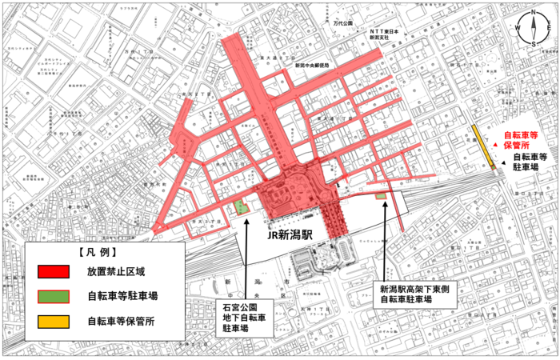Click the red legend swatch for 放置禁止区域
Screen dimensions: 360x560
55,270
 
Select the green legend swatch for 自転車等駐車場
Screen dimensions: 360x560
55,296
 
